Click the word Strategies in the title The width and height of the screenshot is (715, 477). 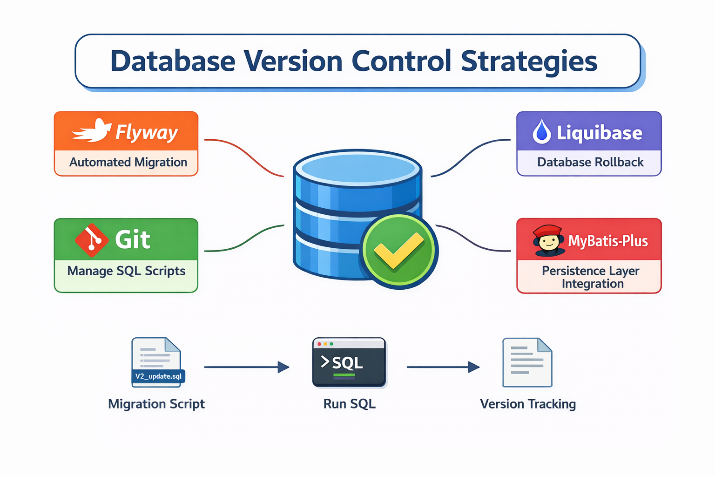coord(529,61)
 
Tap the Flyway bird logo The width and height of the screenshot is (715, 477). coord(92,130)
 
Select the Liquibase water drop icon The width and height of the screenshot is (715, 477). coord(542,131)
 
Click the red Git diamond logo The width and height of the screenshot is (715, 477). coord(92,240)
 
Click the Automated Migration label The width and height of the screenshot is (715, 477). coord(128,162)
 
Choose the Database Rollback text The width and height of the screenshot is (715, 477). coord(590,162)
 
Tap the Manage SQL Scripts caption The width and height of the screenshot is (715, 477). coord(126,271)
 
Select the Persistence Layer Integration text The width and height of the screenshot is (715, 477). coord(591,277)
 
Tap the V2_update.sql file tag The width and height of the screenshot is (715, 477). coord(158,376)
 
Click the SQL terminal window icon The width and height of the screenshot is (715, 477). coord(349,362)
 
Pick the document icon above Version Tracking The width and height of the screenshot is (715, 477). coord(527,362)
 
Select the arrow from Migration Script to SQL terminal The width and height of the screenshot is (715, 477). coord(246,367)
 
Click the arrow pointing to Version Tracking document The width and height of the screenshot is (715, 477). coord(443,367)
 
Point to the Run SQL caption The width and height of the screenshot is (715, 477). coord(349,404)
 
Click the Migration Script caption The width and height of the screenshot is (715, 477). coord(156,404)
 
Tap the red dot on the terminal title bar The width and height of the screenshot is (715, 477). coord(319,344)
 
